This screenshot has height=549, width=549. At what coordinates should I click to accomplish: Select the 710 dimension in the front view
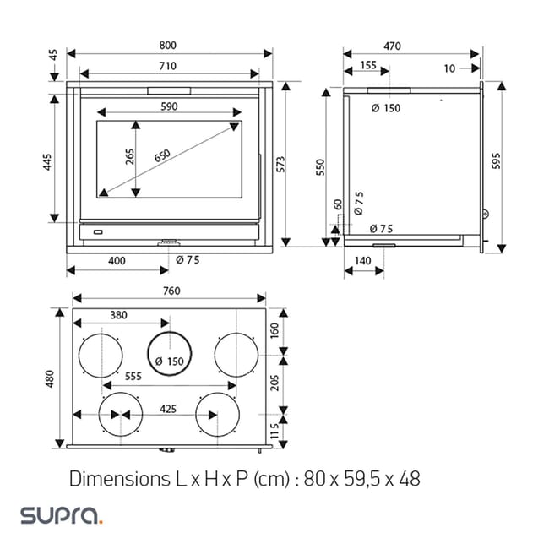click(x=166, y=66)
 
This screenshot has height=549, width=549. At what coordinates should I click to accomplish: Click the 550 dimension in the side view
click(x=320, y=167)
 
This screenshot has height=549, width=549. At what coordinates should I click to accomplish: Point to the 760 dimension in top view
click(x=171, y=291)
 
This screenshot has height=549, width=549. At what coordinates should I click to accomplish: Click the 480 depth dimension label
click(x=50, y=379)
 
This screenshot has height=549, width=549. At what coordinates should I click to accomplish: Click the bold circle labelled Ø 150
click(x=170, y=353)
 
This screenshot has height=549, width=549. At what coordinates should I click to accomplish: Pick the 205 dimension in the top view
click(x=274, y=382)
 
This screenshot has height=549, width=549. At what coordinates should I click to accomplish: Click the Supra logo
click(x=61, y=514)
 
